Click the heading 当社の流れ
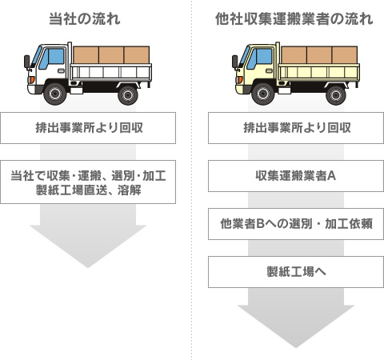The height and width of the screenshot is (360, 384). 85,19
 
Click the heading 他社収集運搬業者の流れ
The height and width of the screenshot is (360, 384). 294,19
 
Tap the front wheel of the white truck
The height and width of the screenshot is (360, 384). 55,94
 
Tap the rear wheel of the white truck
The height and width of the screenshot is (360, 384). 128,95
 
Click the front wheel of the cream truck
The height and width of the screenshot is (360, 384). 263,94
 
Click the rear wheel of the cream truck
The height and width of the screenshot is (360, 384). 336,95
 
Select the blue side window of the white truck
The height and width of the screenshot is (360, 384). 53,58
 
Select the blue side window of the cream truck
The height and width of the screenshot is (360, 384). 261,58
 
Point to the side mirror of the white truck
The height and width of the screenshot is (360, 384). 27,62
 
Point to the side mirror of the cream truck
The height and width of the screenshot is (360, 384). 235,62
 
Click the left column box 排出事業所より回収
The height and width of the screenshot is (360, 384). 88,128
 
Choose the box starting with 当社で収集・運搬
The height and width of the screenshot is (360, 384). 88,182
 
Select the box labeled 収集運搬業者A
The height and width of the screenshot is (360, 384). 296,176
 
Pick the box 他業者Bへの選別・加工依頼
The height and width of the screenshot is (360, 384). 296,224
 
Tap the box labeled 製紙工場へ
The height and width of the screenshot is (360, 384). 296,272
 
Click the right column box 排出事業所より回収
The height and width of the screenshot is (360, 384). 296,128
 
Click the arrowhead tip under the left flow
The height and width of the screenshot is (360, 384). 88,268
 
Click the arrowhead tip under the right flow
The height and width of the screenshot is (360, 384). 296,348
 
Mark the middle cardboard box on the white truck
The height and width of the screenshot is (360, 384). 111,55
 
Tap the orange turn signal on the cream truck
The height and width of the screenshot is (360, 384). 240,79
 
